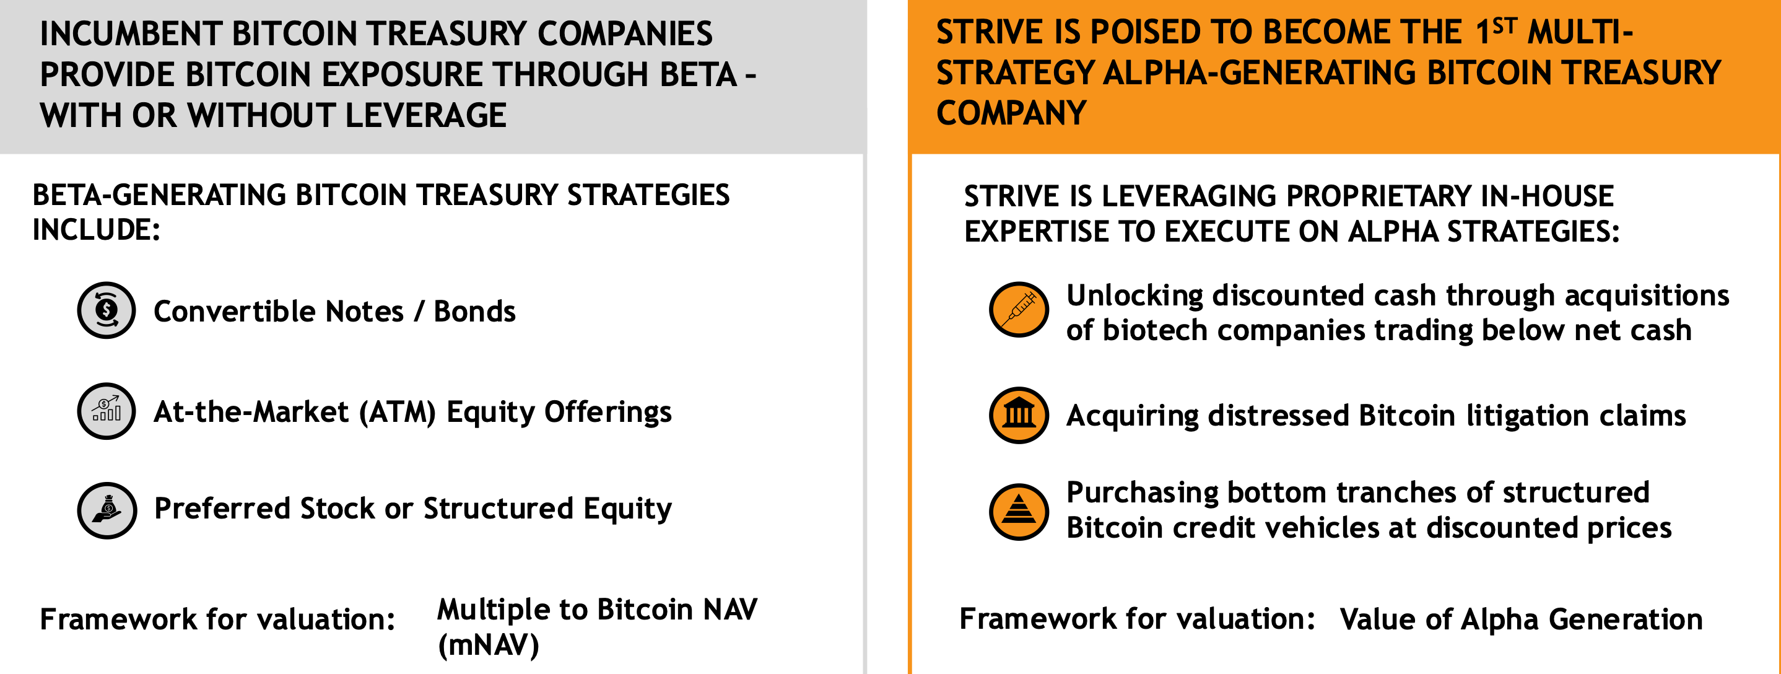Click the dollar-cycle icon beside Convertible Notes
pyautogui.click(x=106, y=310)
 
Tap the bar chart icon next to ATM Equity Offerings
pyautogui.click(x=106, y=411)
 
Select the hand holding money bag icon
pyautogui.click(x=107, y=510)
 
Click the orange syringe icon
pyautogui.click(x=1019, y=309)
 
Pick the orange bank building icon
pyautogui.click(x=1019, y=415)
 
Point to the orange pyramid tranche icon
pyautogui.click(x=1019, y=512)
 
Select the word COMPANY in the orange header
pyautogui.click(x=1011, y=113)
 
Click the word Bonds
pyautogui.click(x=474, y=312)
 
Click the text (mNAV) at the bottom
pyautogui.click(x=487, y=645)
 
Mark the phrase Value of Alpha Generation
pyautogui.click(x=1520, y=619)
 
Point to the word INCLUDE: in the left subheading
pyautogui.click(x=96, y=230)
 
